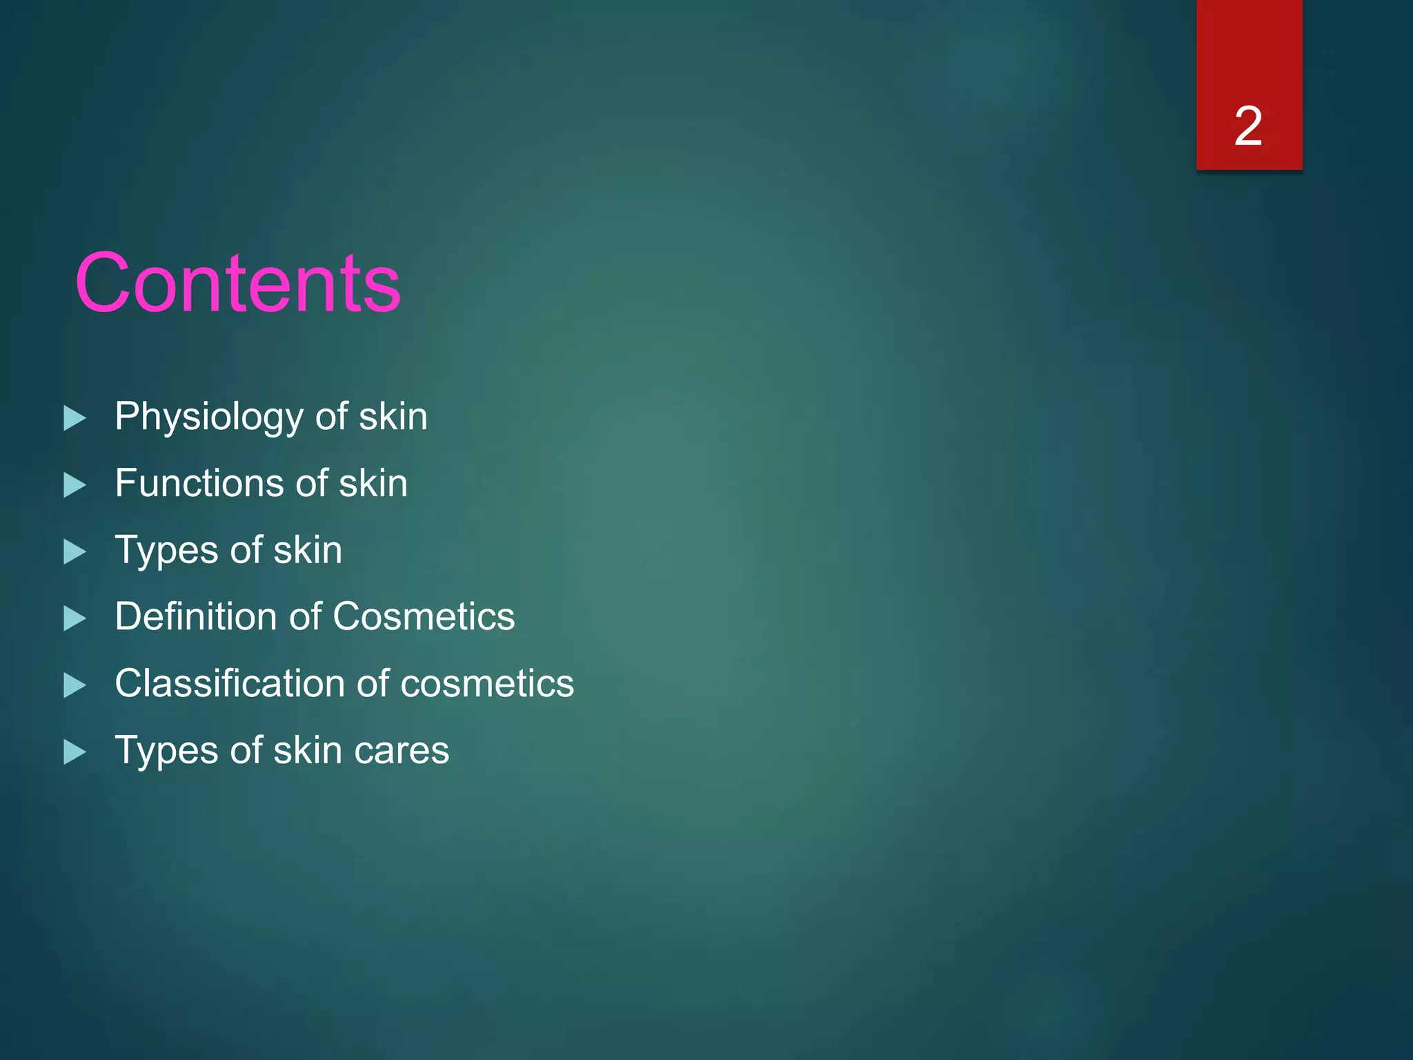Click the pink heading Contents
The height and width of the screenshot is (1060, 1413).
click(238, 283)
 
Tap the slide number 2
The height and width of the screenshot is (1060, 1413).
click(1248, 126)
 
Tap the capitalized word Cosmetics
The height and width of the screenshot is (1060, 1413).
click(424, 616)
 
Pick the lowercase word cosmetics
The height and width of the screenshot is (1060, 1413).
click(487, 683)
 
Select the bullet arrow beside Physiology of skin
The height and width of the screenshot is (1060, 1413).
click(75, 418)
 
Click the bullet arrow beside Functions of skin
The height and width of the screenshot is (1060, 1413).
click(75, 484)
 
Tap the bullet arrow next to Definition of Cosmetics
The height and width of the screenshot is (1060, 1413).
click(75, 618)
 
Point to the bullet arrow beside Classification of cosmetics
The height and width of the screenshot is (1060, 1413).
click(75, 685)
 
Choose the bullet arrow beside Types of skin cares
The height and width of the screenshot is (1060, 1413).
click(75, 752)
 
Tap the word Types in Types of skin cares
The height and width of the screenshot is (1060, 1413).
click(166, 750)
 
